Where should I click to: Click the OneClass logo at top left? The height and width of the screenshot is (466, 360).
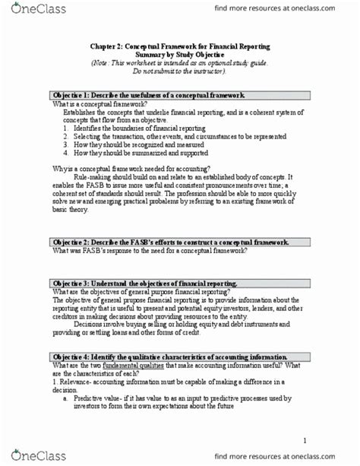[31, 10]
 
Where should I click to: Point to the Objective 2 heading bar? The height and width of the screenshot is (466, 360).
[179, 243]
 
